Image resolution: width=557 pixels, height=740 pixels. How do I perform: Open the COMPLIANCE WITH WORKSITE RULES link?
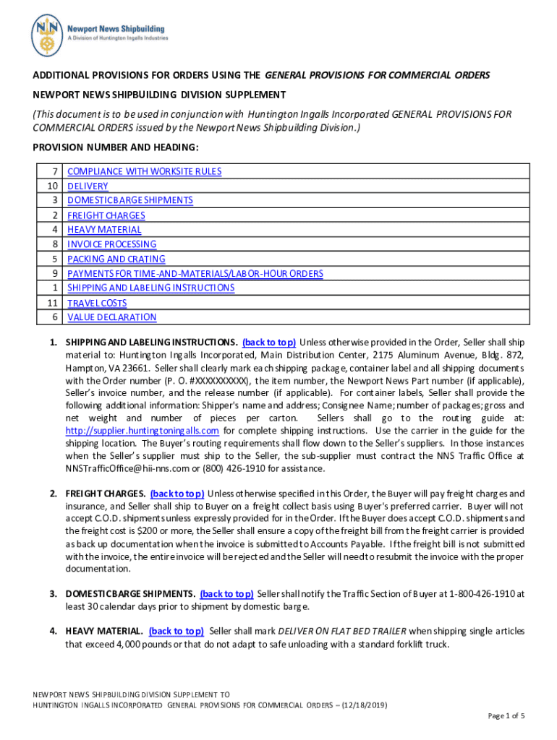point(144,172)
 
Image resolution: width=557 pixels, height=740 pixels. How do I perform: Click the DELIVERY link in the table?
point(88,186)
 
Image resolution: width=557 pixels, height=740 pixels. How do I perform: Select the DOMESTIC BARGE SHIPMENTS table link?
point(129,201)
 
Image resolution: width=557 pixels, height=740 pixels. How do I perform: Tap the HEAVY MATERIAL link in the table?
point(104,230)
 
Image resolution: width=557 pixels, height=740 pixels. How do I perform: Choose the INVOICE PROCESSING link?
point(111,244)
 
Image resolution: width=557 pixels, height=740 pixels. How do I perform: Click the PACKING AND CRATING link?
point(116,259)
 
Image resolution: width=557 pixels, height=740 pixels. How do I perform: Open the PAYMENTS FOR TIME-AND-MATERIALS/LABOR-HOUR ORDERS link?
point(195,274)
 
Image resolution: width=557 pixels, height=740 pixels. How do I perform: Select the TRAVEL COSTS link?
point(97,303)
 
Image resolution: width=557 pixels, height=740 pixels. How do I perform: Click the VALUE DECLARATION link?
point(111,317)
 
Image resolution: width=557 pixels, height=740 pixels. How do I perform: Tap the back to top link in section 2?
point(177,494)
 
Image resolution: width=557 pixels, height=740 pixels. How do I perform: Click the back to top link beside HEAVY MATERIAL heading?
point(176,631)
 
